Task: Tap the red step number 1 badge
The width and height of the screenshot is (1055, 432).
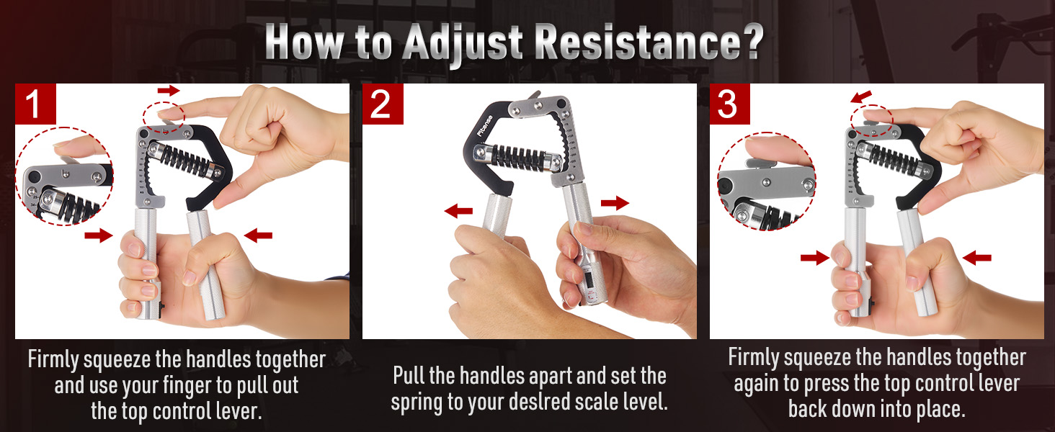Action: click(35, 104)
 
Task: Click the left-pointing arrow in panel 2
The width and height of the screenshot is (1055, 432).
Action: click(458, 211)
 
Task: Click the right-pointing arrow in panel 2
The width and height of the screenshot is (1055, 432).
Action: click(615, 204)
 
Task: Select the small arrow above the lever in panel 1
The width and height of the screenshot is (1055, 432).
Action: click(169, 90)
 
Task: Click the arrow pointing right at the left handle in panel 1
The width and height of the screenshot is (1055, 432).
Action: click(99, 235)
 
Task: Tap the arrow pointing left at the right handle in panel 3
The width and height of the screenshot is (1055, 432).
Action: click(976, 257)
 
